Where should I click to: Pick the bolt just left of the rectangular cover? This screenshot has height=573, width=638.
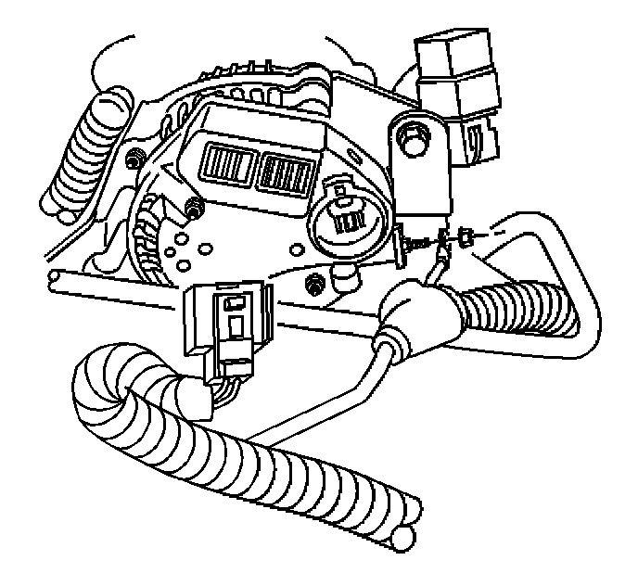[x=195, y=209]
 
